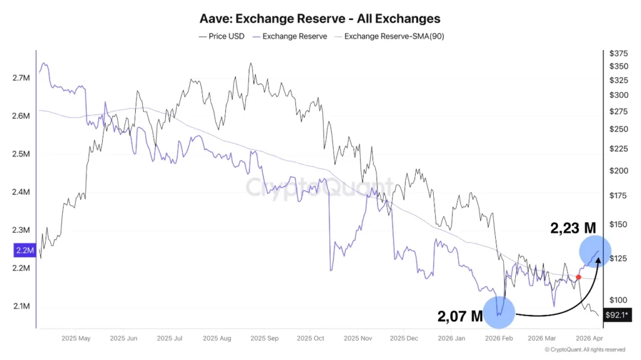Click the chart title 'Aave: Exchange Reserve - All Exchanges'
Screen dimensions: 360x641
click(x=320, y=19)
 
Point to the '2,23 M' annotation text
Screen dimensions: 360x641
click(x=573, y=229)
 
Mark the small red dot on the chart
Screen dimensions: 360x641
click(x=578, y=277)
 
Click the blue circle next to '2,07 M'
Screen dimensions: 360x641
click(x=499, y=312)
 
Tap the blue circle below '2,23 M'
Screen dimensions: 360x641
click(x=595, y=251)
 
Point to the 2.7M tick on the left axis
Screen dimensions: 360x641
click(x=21, y=78)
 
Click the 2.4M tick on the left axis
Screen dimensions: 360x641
click(x=21, y=192)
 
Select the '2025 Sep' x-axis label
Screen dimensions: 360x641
click(x=264, y=339)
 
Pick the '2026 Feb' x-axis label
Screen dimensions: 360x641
click(x=499, y=339)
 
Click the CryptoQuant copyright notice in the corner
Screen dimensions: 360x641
click(x=585, y=350)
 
